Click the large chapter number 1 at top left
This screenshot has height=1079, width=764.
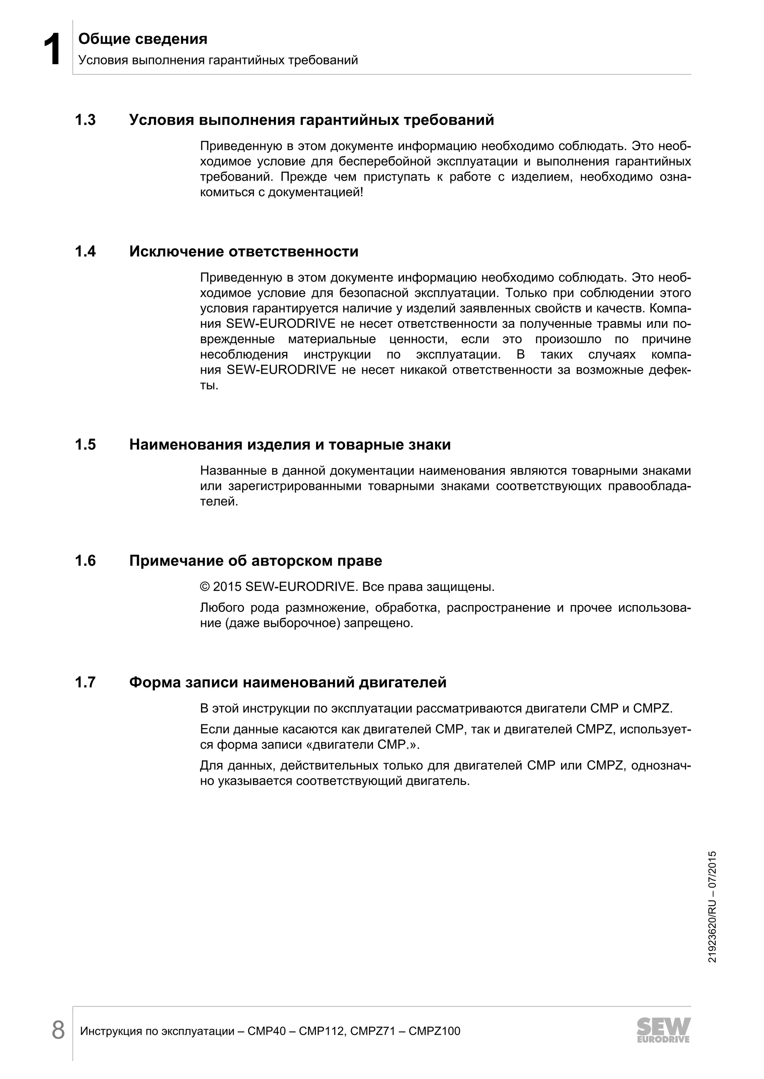pyautogui.click(x=52, y=50)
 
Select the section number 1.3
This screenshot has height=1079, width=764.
pyautogui.click(x=85, y=120)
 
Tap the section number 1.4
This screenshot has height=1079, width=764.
pyautogui.click(x=85, y=251)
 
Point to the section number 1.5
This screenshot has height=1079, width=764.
pyautogui.click(x=85, y=444)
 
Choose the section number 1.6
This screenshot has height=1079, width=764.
pyautogui.click(x=85, y=561)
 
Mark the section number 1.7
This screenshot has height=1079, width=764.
pyautogui.click(x=85, y=682)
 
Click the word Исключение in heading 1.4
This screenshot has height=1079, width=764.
pyautogui.click(x=176, y=251)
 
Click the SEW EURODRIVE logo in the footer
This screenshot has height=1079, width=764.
pyautogui.click(x=663, y=1030)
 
